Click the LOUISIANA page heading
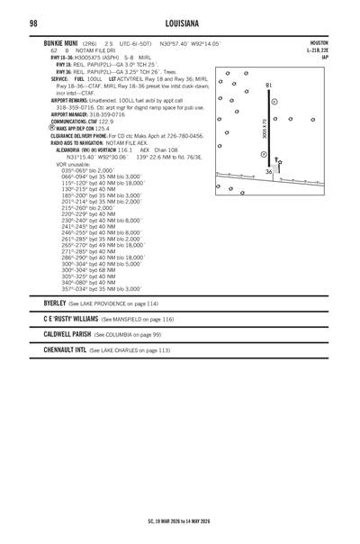coord(180,21)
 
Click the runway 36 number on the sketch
coord(268,171)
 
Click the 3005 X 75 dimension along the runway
coord(264,130)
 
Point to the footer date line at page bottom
coord(180,520)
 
